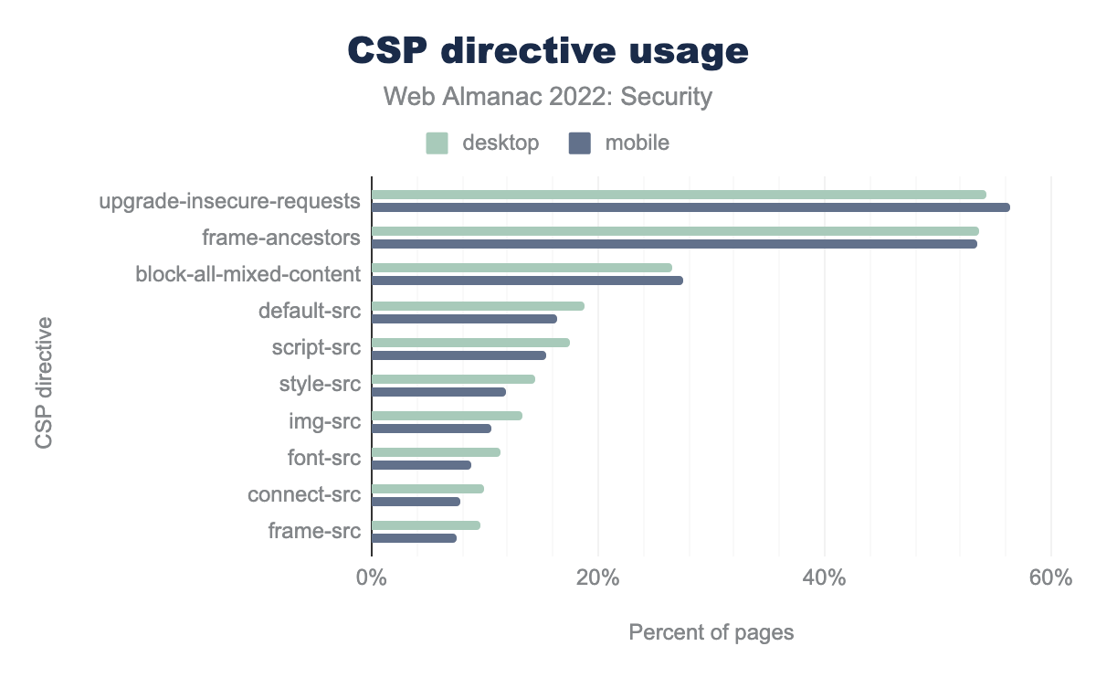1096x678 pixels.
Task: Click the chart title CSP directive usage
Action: tap(548, 51)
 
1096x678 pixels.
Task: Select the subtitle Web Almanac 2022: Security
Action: tap(548, 96)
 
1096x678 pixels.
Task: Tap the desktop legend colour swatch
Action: tap(437, 143)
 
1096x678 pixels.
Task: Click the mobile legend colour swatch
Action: tap(580, 143)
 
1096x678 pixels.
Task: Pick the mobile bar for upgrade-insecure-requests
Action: tap(690, 207)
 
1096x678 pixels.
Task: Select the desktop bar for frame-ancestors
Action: tap(675, 231)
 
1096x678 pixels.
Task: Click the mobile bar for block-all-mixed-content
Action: tap(527, 281)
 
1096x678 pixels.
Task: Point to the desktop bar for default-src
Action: tap(478, 306)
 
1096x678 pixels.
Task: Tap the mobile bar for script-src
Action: tap(458, 355)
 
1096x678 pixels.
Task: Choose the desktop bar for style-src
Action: tap(453, 379)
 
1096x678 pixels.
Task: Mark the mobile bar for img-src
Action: tap(431, 429)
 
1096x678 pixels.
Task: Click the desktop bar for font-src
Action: tap(436, 452)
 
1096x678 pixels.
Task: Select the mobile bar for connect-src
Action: tap(416, 502)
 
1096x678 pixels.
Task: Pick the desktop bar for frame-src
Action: tap(426, 525)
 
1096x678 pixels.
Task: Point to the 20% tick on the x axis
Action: tap(597, 578)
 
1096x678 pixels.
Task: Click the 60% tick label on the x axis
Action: tap(1050, 578)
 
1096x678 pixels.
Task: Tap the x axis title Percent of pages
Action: tap(711, 632)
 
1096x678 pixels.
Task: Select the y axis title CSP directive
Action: tap(44, 383)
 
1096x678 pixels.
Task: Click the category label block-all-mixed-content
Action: tap(248, 274)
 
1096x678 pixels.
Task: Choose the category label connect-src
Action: tap(304, 495)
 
